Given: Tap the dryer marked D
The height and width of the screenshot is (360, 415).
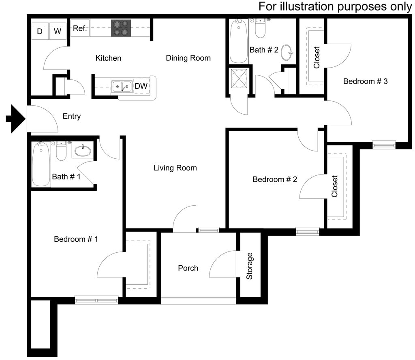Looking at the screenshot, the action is click(x=40, y=31).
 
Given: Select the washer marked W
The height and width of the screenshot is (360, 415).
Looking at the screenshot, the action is click(x=58, y=31).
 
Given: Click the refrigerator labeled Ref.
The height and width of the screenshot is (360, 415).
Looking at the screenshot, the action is click(x=80, y=28).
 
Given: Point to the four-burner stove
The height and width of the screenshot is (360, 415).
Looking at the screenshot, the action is click(x=121, y=28).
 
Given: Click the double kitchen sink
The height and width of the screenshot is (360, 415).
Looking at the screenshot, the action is click(x=122, y=86).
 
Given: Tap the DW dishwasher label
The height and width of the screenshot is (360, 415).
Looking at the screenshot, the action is click(x=141, y=86).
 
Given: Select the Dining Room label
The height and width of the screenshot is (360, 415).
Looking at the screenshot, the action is click(x=188, y=58).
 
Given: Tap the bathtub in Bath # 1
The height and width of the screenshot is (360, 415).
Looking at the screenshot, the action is click(x=41, y=164).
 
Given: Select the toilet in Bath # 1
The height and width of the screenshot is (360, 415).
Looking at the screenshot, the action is click(x=61, y=151).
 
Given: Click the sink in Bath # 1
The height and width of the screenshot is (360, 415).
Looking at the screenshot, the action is click(x=83, y=151).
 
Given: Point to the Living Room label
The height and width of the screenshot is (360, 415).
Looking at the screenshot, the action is click(x=175, y=168).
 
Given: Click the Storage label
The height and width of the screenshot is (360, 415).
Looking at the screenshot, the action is click(x=250, y=266).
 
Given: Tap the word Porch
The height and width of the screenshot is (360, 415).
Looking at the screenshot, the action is click(x=188, y=268).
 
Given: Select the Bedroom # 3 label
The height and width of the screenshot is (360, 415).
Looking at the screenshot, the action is click(x=365, y=81).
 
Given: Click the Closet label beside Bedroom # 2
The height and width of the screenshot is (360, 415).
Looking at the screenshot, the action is click(x=335, y=186).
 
